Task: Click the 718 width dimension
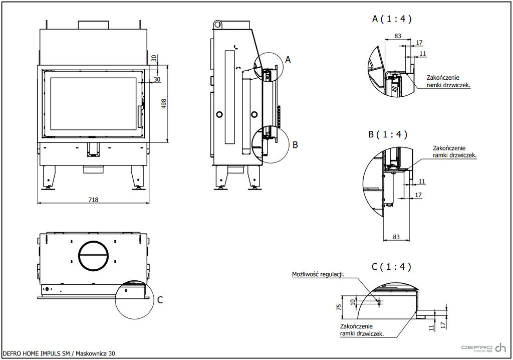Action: click(93, 200)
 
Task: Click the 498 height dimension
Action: click(164, 104)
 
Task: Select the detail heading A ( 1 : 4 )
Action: click(392, 19)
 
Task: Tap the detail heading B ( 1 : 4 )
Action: click(388, 134)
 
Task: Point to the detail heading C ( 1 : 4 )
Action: click(391, 267)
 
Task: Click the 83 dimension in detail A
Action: click(397, 36)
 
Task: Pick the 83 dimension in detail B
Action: click(396, 237)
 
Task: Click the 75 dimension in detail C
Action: click(339, 307)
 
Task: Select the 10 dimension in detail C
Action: click(353, 302)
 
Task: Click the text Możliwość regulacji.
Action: click(318, 274)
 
